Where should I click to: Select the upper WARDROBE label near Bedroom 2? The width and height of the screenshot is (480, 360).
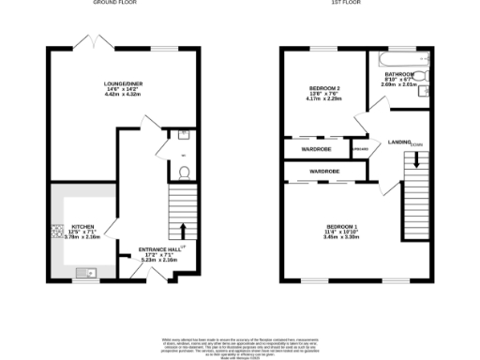click(314, 148)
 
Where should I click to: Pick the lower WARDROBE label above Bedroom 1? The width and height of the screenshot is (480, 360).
click(324, 172)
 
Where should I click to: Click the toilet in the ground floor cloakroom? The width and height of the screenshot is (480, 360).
click(185, 172)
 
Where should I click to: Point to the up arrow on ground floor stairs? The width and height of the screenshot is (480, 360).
click(184, 231)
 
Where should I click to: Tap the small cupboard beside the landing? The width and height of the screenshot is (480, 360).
click(359, 148)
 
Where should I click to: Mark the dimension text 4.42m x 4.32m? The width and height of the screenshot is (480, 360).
click(122, 95)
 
